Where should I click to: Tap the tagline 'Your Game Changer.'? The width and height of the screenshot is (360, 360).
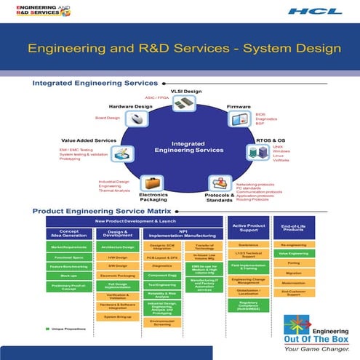(317, 348)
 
